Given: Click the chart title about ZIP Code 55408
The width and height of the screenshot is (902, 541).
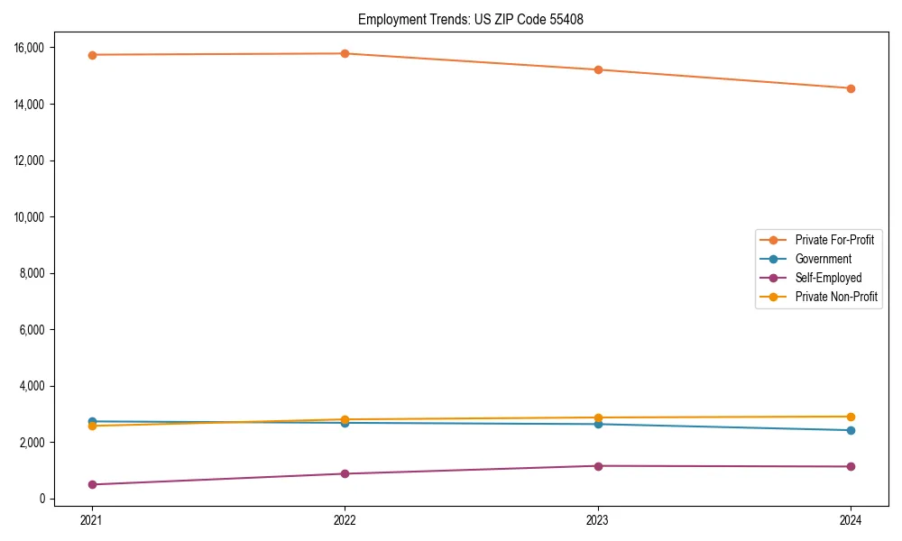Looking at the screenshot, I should pos(470,19).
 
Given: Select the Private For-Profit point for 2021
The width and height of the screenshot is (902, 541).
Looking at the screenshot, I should pos(92,55).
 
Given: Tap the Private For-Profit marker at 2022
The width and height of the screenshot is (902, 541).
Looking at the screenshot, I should pos(345,53).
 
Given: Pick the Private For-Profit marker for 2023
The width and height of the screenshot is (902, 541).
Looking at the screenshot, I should pos(598,69).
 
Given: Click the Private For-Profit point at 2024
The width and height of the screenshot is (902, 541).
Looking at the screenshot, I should pos(851,88).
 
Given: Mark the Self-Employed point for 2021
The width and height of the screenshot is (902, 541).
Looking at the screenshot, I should pos(92,484).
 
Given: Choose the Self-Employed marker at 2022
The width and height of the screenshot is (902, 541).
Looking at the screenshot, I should pos(345,473).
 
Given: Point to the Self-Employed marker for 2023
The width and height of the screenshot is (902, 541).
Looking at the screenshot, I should pos(598,466).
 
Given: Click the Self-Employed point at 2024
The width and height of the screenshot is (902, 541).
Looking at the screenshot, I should pos(851,466).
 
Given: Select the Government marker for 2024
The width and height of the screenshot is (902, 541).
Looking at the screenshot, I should pos(851,430).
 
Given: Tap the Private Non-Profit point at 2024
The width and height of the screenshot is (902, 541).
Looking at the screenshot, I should pos(851,417).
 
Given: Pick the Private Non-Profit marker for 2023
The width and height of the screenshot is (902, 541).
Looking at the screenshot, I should pos(598,417).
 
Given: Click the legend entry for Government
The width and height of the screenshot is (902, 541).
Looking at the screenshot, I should pos(823,259).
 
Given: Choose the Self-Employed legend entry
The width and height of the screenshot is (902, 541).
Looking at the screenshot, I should pos(828,278).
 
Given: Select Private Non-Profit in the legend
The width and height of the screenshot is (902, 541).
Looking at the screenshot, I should pos(836,297).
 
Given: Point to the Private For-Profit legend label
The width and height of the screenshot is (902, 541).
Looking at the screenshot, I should pos(834,240).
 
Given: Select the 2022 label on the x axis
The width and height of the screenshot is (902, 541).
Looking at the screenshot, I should pos(345,519).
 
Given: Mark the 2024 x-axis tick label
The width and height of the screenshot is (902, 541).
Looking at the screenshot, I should pos(851,519).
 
